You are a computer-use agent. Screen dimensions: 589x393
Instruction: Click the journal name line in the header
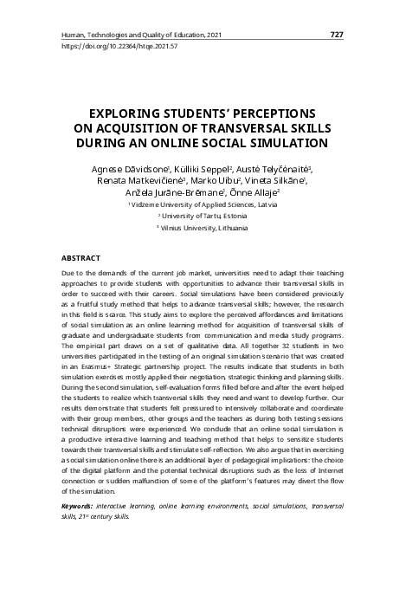142,35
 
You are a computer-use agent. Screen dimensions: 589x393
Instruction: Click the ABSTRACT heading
81,258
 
